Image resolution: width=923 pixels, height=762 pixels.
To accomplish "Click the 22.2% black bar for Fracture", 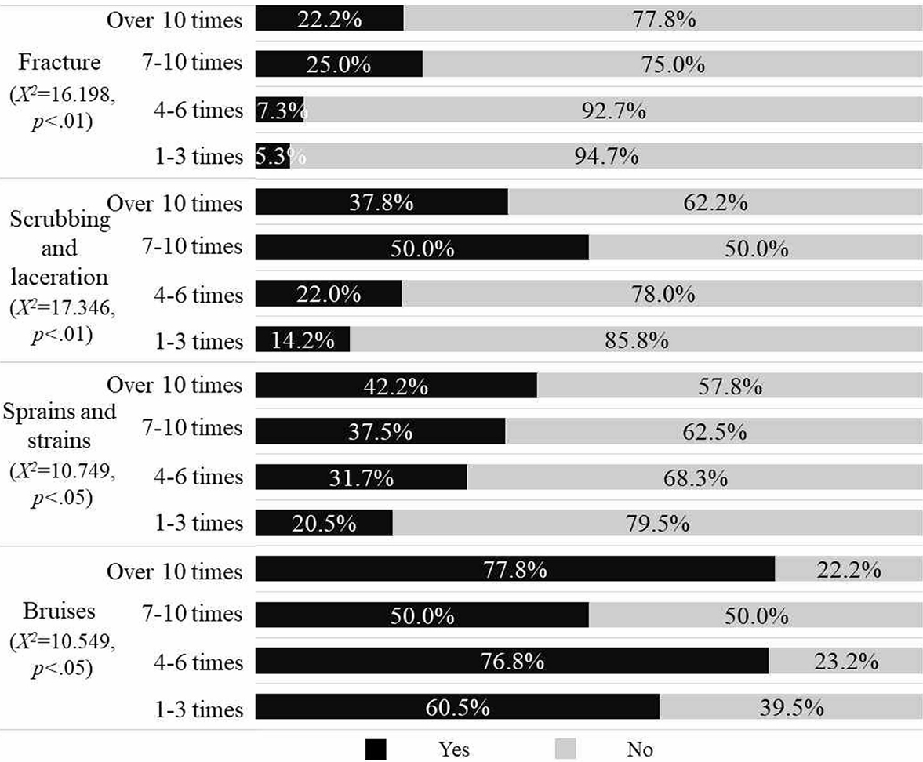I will click(329, 20).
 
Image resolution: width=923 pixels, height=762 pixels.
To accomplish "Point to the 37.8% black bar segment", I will click(382, 204).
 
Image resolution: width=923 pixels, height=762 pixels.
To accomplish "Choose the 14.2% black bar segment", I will click(303, 342).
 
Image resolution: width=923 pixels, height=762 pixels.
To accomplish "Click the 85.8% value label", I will click(635, 342).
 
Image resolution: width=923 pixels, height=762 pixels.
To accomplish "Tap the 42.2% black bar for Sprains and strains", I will click(396, 386).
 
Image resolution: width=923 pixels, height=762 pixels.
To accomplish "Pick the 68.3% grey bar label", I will click(694, 477).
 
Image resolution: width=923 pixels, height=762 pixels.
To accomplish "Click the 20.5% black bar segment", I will click(324, 523).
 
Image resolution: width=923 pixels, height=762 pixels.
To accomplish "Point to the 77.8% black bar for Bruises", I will click(515, 570).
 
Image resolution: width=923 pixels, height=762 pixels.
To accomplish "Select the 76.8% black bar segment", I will click(512, 662).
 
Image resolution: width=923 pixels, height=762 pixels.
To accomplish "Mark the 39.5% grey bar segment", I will click(790, 708).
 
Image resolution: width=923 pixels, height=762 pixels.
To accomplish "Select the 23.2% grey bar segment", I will click(845, 662).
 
